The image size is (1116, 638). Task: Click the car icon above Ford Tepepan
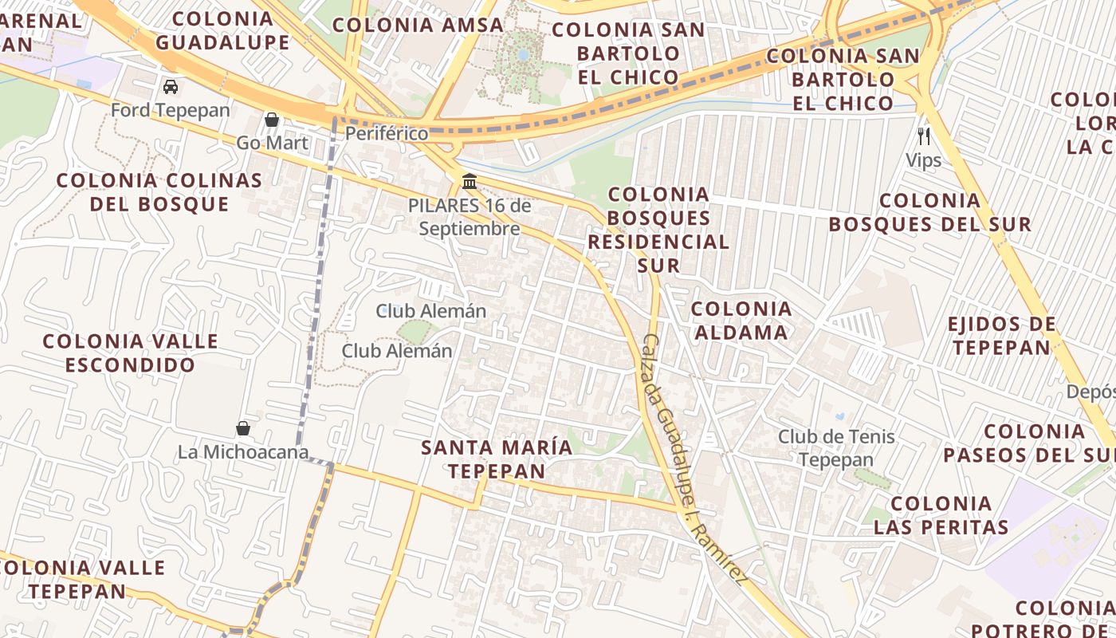[171, 86]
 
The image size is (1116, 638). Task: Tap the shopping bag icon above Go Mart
[272, 120]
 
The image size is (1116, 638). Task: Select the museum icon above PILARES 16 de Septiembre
[470, 182]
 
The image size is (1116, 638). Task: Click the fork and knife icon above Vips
[924, 136]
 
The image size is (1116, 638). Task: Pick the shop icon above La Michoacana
[243, 428]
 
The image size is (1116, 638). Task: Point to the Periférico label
[387, 133]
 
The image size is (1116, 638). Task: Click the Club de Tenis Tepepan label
[836, 448]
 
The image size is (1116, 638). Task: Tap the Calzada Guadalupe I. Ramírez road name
[693, 458]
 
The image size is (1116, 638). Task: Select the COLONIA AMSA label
[418, 25]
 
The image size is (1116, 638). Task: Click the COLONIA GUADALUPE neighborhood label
[222, 30]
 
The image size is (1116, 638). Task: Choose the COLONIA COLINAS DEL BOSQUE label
[159, 192]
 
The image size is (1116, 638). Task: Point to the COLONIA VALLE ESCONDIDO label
[130, 353]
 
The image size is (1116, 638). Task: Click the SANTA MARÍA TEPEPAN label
[497, 459]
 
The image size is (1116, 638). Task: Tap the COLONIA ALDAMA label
[741, 321]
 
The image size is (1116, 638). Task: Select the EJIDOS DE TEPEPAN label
[1001, 336]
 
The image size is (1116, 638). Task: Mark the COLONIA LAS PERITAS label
[941, 515]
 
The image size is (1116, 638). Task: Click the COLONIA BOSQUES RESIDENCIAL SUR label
[658, 230]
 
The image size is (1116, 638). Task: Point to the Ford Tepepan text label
[171, 110]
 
